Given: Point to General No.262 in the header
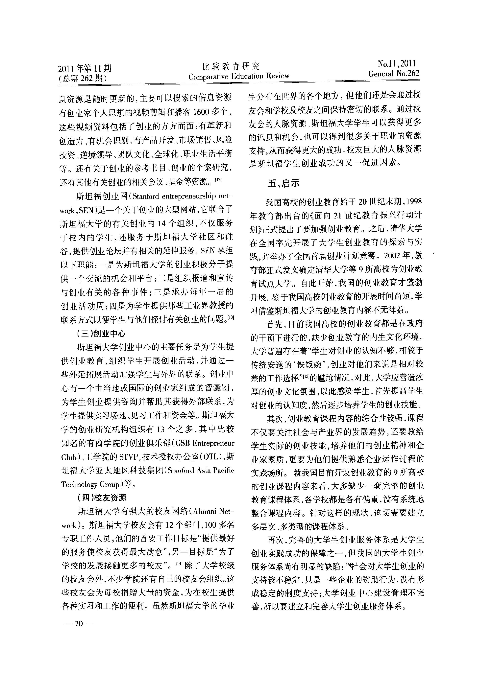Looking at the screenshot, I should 394,74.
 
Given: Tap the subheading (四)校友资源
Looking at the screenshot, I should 102,498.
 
